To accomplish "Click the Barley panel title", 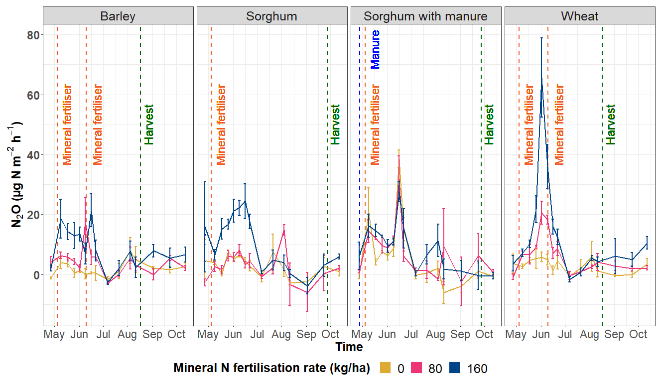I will click(118, 16).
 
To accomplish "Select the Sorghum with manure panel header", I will click(425, 16).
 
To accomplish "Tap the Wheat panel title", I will click(580, 16).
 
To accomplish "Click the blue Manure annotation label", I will click(376, 49).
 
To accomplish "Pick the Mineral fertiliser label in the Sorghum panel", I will click(221, 125).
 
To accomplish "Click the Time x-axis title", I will click(349, 347).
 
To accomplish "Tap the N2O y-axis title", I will click(17, 174).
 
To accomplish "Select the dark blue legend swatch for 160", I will click(455, 369).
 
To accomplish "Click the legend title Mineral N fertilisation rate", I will click(271, 369).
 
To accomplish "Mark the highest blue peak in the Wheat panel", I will click(541, 78).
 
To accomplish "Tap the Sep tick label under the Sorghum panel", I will click(306, 334).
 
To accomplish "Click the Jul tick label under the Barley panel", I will click(103, 334).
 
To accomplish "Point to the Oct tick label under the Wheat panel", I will click(639, 334).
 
